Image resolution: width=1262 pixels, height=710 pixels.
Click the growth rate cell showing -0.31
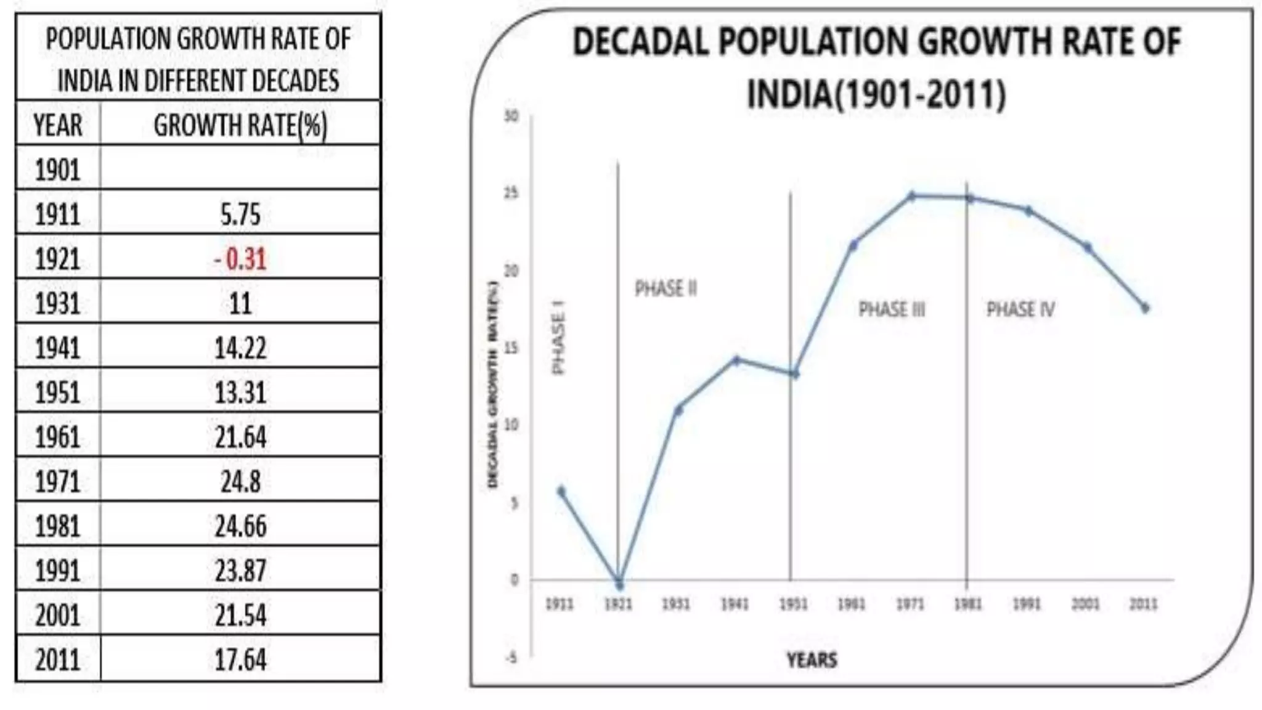[240, 259]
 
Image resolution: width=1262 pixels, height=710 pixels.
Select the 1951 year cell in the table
[57, 393]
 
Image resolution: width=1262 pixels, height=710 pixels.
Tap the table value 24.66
[240, 526]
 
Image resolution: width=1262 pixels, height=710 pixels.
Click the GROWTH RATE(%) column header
[240, 125]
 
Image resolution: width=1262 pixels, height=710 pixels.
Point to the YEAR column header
[57, 125]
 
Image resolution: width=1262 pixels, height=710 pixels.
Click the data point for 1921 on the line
[619, 584]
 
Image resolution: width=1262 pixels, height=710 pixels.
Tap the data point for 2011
[1145, 308]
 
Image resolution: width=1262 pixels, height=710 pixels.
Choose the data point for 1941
[736, 360]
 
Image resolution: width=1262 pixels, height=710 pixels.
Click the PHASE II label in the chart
[666, 288]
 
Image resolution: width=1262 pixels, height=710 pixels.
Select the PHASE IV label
[1020, 309]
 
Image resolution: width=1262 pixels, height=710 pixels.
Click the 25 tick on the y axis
[511, 194]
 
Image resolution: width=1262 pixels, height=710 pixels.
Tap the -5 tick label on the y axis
[511, 658]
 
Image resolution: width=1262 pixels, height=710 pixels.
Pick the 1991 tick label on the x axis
[1027, 605]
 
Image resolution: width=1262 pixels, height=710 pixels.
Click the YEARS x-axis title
[812, 660]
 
